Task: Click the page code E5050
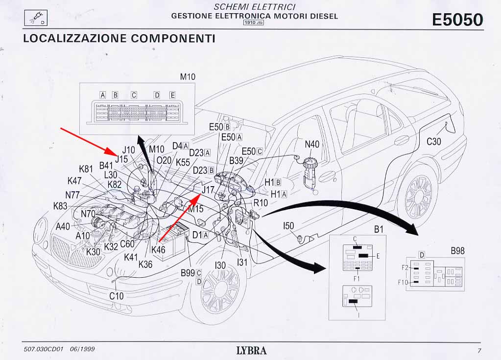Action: [x=457, y=20]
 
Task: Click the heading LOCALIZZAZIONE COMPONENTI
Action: [x=119, y=38]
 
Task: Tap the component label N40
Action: [x=312, y=144]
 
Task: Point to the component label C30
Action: [x=434, y=142]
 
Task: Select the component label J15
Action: [x=121, y=159]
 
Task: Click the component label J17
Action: [x=208, y=189]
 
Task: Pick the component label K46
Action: [x=158, y=249]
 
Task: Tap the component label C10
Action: [x=117, y=296]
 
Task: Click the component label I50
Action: [x=288, y=226]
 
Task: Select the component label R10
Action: [x=260, y=202]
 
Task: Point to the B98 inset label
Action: [x=457, y=251]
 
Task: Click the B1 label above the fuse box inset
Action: [x=379, y=229]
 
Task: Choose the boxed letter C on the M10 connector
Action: [x=134, y=95]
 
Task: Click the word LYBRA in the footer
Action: [x=251, y=350]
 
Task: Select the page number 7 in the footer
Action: [x=479, y=350]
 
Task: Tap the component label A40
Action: [x=63, y=226]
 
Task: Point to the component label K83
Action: [x=60, y=206]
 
